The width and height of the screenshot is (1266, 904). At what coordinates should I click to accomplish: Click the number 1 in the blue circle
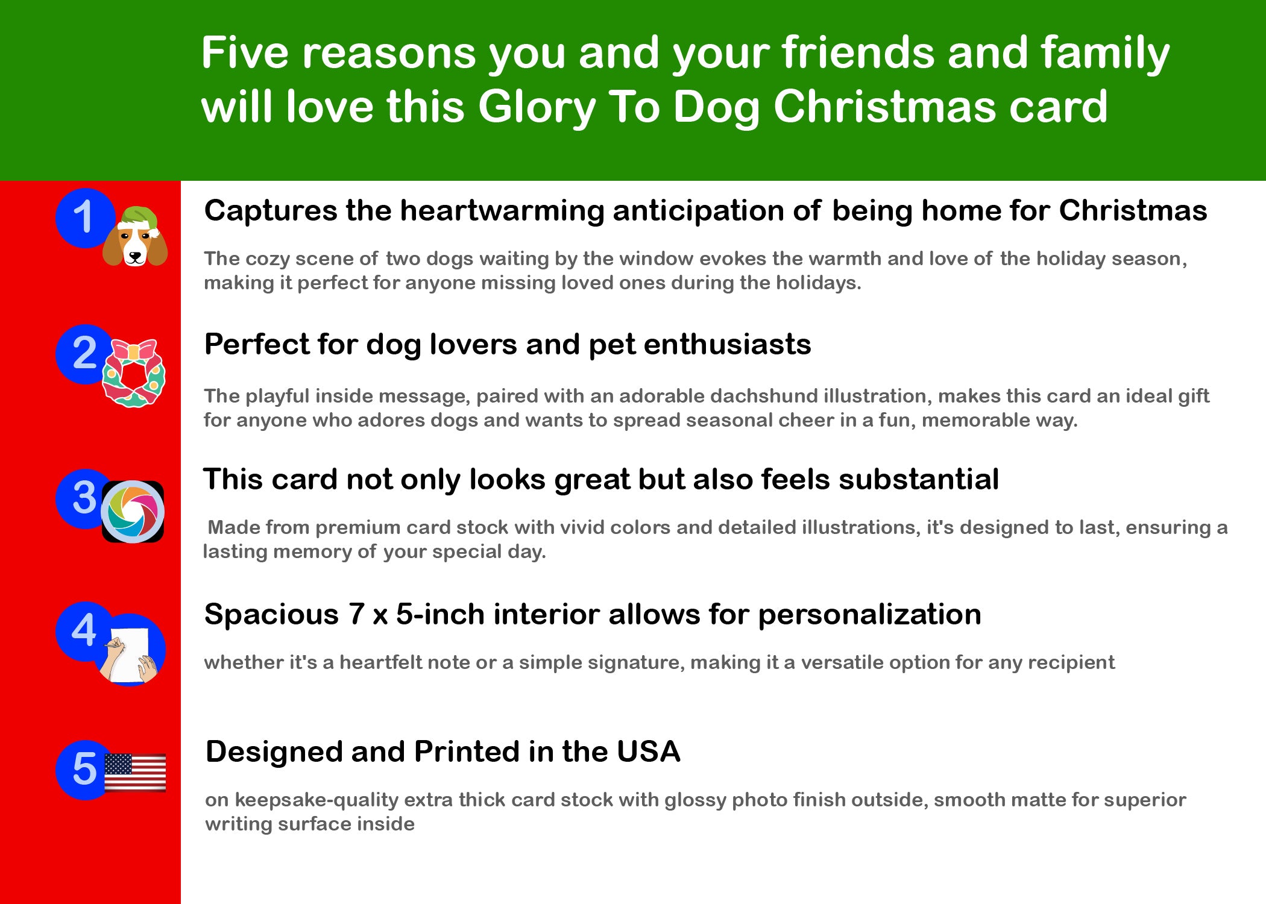click(83, 216)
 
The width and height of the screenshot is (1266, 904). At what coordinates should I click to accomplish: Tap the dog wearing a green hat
click(135, 236)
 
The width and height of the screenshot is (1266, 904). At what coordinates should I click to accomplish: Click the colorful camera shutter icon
click(133, 512)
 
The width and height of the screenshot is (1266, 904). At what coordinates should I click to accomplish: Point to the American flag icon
click(135, 772)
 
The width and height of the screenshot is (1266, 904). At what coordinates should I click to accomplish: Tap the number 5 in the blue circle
click(84, 769)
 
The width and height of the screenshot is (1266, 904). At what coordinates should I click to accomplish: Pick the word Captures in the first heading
click(271, 212)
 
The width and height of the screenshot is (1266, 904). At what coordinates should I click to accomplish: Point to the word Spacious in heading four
click(271, 615)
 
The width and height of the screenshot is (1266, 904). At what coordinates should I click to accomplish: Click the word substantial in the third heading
click(918, 480)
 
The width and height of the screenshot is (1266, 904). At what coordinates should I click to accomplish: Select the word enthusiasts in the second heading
click(727, 345)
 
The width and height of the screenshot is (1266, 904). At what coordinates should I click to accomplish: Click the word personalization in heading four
click(869, 615)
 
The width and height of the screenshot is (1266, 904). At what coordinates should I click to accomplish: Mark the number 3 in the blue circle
click(84, 498)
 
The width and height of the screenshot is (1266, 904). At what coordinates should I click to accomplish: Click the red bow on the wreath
click(134, 351)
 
